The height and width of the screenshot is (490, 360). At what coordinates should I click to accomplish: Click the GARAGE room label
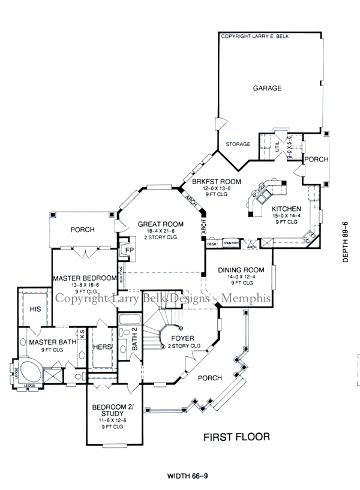point(267,88)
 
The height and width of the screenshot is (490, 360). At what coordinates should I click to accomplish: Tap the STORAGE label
point(238,145)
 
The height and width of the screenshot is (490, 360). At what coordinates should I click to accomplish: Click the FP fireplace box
point(129,250)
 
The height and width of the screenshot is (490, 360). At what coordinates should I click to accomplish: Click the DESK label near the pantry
point(212,244)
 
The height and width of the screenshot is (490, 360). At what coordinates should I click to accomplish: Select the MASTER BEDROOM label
point(83,278)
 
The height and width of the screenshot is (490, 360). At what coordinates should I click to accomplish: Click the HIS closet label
point(35,309)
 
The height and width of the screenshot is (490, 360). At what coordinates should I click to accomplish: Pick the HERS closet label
point(100,347)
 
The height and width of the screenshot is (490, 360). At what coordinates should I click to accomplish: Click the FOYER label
point(182,339)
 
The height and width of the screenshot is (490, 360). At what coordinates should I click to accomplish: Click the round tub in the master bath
point(27,371)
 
